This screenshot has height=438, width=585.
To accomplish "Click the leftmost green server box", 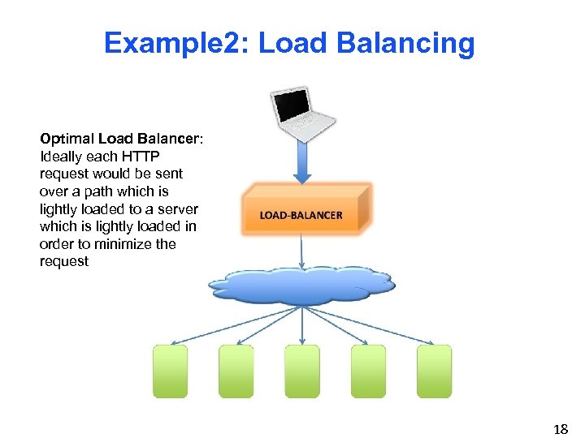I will tap(170, 371).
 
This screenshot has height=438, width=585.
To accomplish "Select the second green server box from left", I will tap(236, 371).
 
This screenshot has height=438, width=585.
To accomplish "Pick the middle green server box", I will tap(302, 371).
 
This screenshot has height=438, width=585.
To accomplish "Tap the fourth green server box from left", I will tap(368, 371).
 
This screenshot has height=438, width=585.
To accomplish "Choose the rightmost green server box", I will tap(434, 371).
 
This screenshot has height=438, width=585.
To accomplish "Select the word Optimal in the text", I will tap(67, 139).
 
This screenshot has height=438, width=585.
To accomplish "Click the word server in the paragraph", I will tap(179, 209).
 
